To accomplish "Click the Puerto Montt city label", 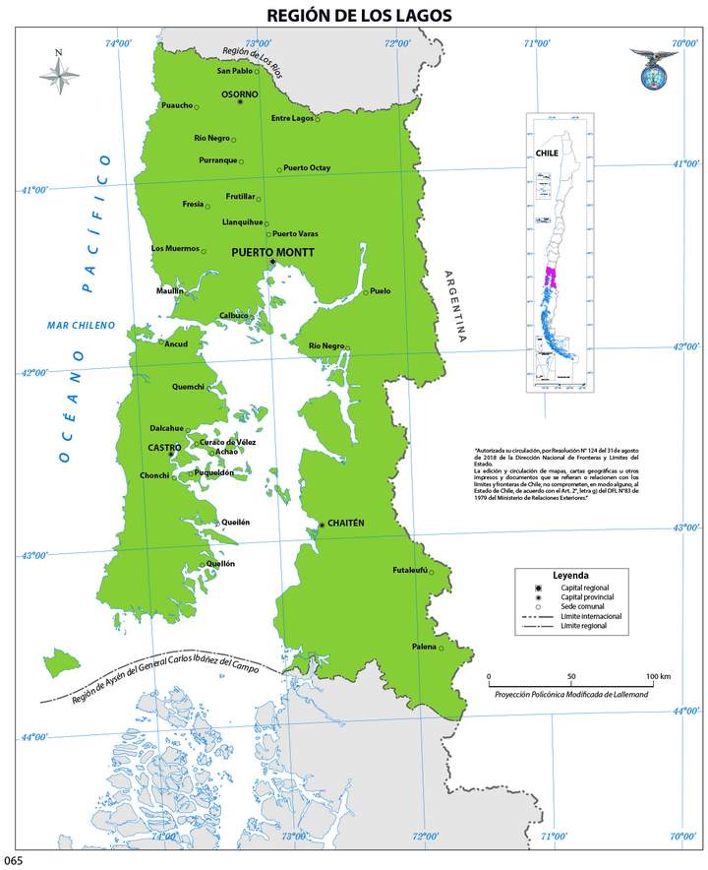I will pyautogui.click(x=272, y=252).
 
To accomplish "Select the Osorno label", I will pyautogui.click(x=240, y=94).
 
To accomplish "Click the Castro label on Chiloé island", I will pyautogui.click(x=163, y=448).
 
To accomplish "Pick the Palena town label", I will pyautogui.click(x=424, y=647).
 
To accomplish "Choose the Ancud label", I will pyautogui.click(x=176, y=344).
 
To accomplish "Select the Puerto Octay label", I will pyautogui.click(x=308, y=168).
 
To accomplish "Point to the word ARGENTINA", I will pyautogui.click(x=454, y=306).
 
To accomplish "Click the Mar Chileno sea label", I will pyautogui.click(x=82, y=325).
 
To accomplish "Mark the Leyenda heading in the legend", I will pyautogui.click(x=570, y=574).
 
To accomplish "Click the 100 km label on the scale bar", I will pyautogui.click(x=658, y=677).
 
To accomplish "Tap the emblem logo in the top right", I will pyautogui.click(x=654, y=72).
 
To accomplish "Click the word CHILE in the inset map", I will pyautogui.click(x=547, y=155).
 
